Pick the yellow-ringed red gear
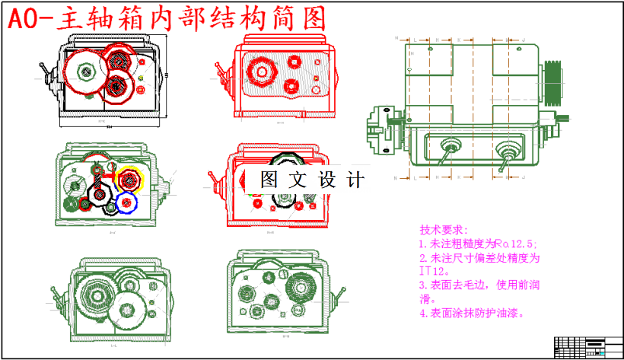(130, 179)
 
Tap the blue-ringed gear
(126, 202)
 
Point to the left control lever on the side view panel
(449, 148)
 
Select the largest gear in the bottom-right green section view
(302, 288)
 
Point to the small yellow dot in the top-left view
(142, 78)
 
